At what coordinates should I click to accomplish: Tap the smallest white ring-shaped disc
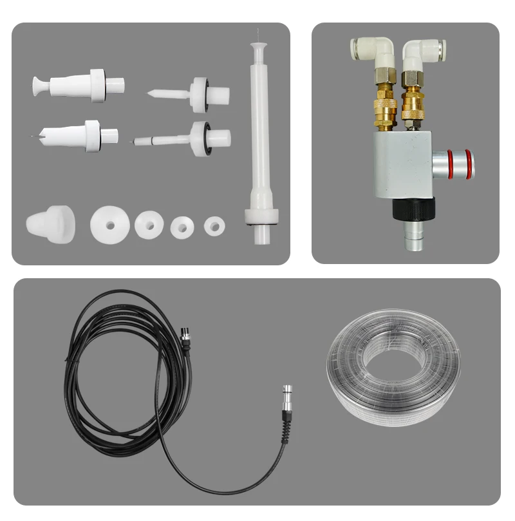pos(214,225)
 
